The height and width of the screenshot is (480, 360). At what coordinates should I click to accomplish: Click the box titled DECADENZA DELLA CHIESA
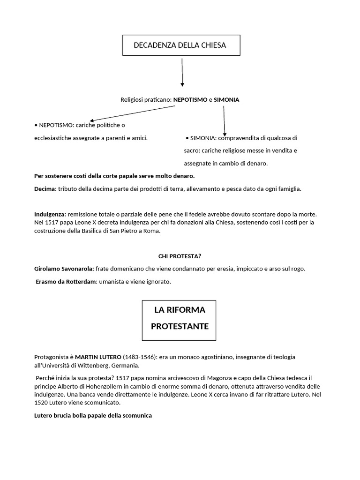pos(181,45)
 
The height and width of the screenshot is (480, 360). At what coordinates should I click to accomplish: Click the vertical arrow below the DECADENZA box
pos(182,72)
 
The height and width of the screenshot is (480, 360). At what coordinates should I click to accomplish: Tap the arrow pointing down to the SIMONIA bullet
pos(224,120)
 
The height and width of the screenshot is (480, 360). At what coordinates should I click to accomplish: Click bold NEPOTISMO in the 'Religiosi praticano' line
pos(190,100)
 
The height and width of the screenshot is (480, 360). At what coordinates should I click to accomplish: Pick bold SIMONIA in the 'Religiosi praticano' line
pos(226,100)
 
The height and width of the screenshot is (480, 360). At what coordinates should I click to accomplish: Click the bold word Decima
pos(45,189)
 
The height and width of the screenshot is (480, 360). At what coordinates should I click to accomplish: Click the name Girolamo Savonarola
pos(64,269)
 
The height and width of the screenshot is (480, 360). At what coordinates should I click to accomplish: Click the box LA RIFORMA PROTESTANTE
pos(179,320)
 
